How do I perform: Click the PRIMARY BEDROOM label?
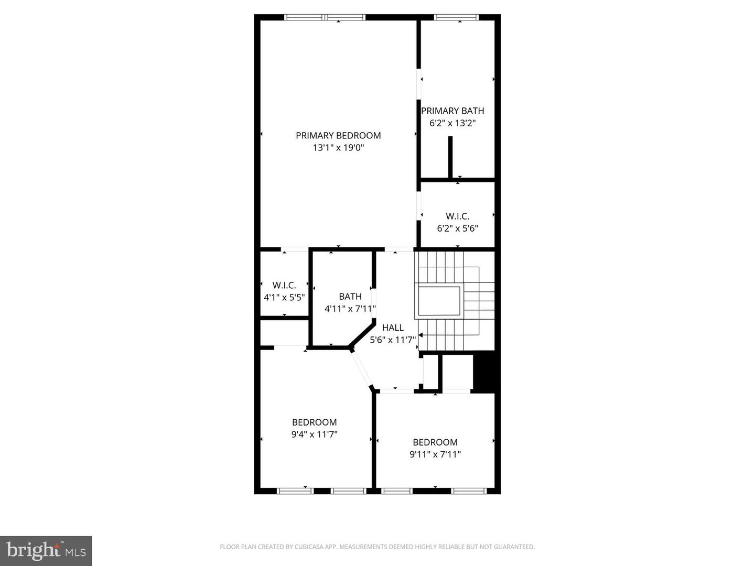tap(338, 135)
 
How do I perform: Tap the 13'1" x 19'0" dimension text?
tap(338, 148)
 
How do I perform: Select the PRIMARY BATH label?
tap(452, 111)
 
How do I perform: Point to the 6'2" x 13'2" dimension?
tap(452, 123)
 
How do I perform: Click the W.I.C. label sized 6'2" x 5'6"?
tap(457, 216)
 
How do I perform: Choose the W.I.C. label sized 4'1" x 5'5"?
tap(284, 285)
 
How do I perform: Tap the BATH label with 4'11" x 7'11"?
tap(350, 296)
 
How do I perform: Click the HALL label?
tap(393, 328)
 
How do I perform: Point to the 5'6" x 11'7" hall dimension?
tap(393, 340)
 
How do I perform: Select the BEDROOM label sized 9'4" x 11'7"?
tap(314, 422)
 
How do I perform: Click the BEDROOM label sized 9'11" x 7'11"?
tap(435, 442)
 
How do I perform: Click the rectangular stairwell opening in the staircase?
tap(439, 301)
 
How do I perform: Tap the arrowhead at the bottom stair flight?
tap(420, 334)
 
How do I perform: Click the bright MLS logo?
tap(46, 551)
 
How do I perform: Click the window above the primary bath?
tap(457, 17)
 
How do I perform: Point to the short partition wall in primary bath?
tap(450, 157)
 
